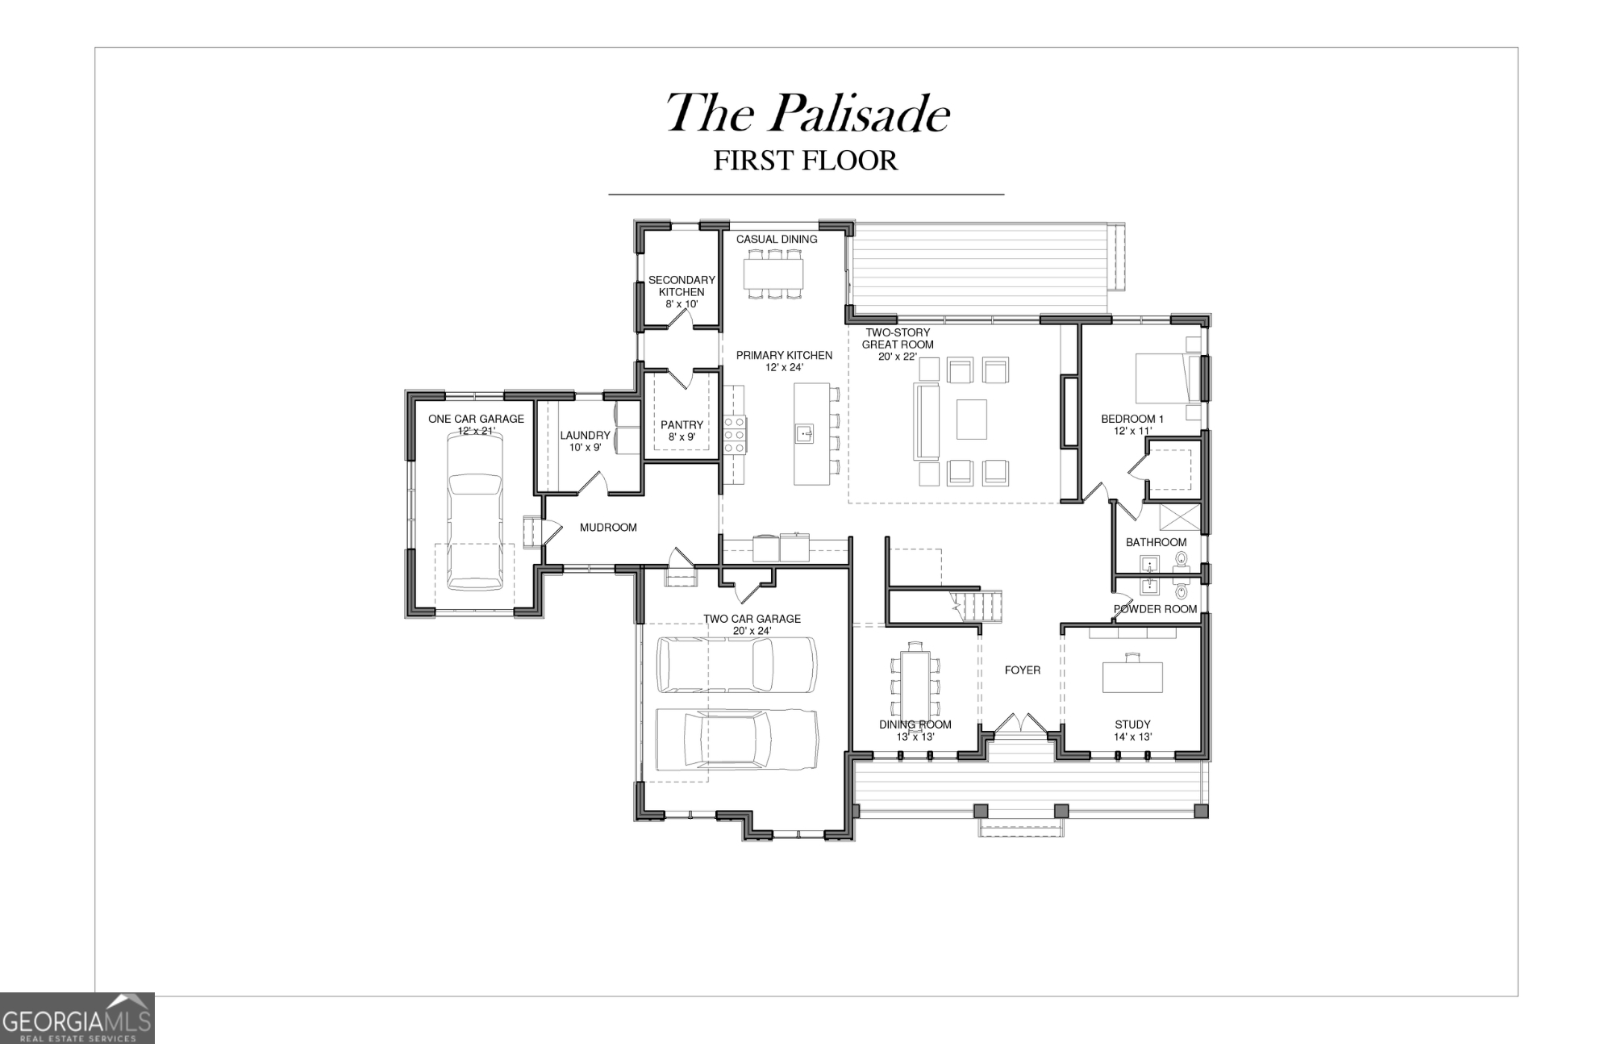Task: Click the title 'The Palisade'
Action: pyautogui.click(x=806, y=113)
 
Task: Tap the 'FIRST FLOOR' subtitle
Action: pyautogui.click(x=805, y=161)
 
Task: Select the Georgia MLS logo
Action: pyautogui.click(x=77, y=1018)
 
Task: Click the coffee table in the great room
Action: pyautogui.click(x=972, y=420)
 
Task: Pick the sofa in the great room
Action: pyautogui.click(x=927, y=420)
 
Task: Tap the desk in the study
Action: pyautogui.click(x=1132, y=677)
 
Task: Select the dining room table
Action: pyautogui.click(x=915, y=686)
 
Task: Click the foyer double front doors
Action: pyautogui.click(x=1021, y=723)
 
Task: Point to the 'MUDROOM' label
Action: pyautogui.click(x=608, y=528)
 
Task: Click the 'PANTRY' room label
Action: pyautogui.click(x=681, y=425)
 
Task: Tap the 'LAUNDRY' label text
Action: pyautogui.click(x=585, y=436)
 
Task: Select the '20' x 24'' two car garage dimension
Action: pyautogui.click(x=752, y=631)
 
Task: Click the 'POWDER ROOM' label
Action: pyautogui.click(x=1155, y=609)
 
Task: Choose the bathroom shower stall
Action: pyautogui.click(x=1179, y=516)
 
